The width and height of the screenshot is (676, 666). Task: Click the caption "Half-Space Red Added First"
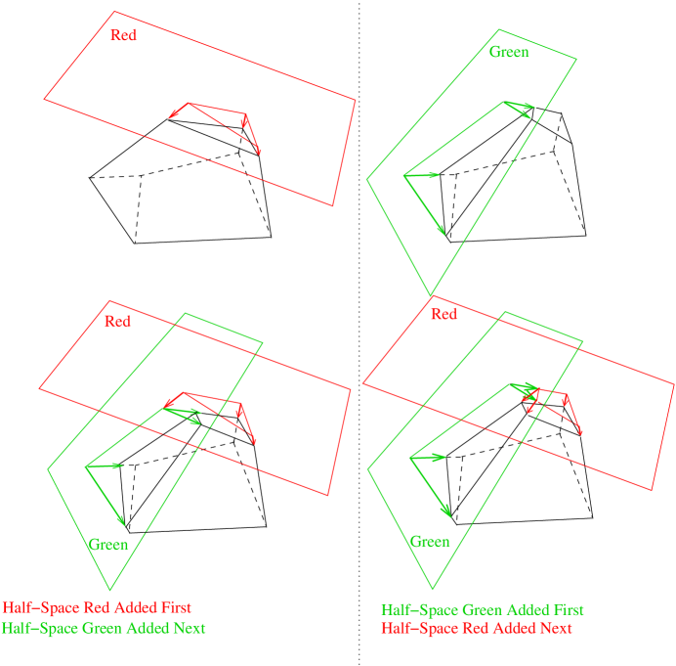click(x=97, y=607)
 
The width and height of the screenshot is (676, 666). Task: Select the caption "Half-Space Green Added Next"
click(x=104, y=628)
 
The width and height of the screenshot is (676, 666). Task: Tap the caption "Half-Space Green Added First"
click(x=482, y=609)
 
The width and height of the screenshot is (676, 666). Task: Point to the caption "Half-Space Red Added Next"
click(x=476, y=628)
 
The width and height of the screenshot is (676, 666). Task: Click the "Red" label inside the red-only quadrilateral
click(x=124, y=36)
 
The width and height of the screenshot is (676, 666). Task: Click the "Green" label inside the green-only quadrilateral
click(x=509, y=52)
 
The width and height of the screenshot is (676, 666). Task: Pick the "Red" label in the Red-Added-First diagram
click(x=118, y=322)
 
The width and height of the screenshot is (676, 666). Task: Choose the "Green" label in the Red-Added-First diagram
click(x=108, y=545)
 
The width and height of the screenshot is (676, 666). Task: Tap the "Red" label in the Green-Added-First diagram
click(x=444, y=315)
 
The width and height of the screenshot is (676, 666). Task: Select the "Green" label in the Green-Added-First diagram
click(x=430, y=542)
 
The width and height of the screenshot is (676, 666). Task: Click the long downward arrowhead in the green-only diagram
click(x=442, y=231)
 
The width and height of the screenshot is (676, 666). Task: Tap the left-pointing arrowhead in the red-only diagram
click(x=173, y=115)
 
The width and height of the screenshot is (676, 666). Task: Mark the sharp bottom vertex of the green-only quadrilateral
click(x=431, y=294)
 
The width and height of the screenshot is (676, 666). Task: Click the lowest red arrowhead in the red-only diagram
click(x=259, y=151)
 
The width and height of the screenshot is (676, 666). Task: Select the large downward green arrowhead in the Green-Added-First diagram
click(x=447, y=512)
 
